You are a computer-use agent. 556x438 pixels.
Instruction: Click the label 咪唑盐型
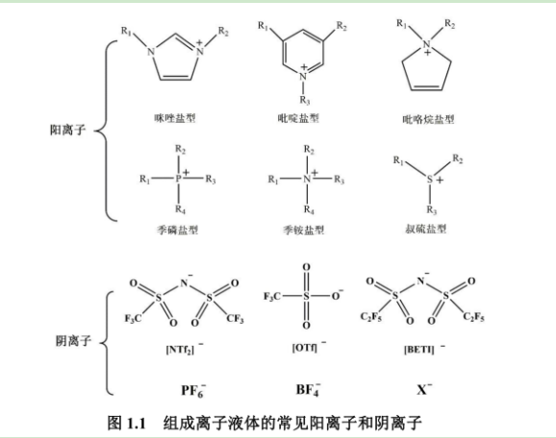tap(174, 118)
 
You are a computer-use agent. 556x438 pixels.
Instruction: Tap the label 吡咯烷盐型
tap(427, 119)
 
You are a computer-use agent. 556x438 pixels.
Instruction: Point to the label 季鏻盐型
tap(176, 230)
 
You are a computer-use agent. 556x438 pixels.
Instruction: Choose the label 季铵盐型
tap(304, 230)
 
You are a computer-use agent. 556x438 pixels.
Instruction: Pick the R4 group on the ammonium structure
tap(308, 207)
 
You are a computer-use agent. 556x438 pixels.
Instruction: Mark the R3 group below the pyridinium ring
tap(304, 98)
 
